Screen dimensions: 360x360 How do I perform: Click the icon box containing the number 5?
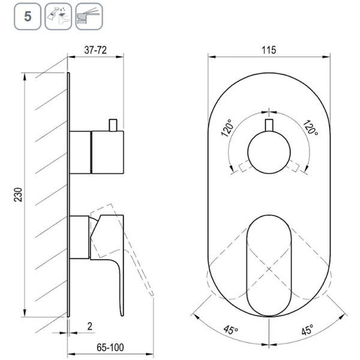coord(28,16)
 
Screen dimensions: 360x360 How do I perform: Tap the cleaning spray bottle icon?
coord(58,16)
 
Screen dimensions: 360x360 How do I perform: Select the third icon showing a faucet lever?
coord(89,16)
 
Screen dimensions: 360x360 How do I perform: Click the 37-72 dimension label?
coord(95,50)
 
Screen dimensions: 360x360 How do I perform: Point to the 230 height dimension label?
coord(19,194)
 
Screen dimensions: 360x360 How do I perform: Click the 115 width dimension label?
coord(269,50)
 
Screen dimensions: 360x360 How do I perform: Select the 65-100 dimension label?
coord(110,347)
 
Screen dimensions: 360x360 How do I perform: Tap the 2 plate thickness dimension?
coord(90,326)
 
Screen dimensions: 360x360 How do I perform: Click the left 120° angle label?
coord(228,128)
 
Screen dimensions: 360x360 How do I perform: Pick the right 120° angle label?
coord(310,128)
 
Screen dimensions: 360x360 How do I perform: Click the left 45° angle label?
coord(231,330)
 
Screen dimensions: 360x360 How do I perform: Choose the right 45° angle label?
coord(307,330)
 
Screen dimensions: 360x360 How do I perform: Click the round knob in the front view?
coord(269,152)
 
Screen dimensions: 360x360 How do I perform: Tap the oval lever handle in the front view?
coord(269,266)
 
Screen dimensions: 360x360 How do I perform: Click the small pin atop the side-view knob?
coord(113,125)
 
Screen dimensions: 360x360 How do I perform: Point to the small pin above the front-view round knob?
coord(269,125)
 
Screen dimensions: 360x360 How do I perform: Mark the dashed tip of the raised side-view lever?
coord(152,293)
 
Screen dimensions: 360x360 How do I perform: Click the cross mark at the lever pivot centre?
coord(269,269)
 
